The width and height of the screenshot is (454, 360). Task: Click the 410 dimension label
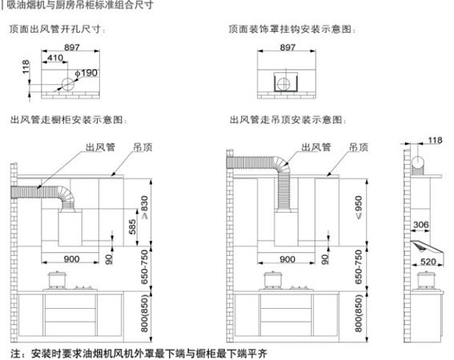[55, 58]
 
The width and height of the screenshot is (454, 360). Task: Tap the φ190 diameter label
[86, 73]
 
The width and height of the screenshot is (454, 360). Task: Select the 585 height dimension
[132, 226]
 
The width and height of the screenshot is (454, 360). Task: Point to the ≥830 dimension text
[144, 207]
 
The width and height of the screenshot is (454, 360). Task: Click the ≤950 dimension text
[359, 207]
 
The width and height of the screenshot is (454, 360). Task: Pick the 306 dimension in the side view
[421, 224]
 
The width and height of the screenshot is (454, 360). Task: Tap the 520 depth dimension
[428, 262]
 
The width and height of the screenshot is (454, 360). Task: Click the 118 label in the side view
[435, 140]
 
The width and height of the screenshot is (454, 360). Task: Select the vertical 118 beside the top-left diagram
[26, 66]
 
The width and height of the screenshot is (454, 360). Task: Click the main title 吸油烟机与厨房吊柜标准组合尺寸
[80, 5]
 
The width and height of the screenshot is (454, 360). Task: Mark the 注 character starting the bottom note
[16, 354]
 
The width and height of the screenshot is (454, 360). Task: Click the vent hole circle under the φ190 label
[68, 84]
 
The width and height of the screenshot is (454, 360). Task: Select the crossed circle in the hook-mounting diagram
[283, 85]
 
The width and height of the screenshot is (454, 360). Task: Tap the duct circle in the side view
[418, 162]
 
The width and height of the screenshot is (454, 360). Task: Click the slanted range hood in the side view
[427, 247]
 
